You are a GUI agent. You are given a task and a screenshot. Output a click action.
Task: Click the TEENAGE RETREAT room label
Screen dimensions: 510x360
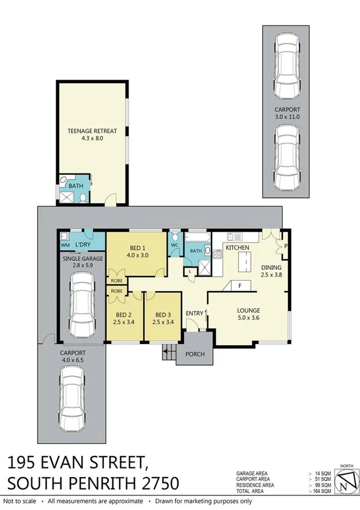pos(92,131)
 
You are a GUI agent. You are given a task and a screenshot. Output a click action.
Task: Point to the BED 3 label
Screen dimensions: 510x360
pos(163,315)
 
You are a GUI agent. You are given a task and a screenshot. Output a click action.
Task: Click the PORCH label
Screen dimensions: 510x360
pos(196,354)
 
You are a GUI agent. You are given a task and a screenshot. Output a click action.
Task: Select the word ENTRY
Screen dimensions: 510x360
pos(195,313)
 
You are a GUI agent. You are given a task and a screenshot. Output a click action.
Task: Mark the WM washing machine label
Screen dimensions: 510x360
pos(65,245)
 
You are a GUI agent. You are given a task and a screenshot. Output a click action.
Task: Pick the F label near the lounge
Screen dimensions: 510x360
pos(240,286)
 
